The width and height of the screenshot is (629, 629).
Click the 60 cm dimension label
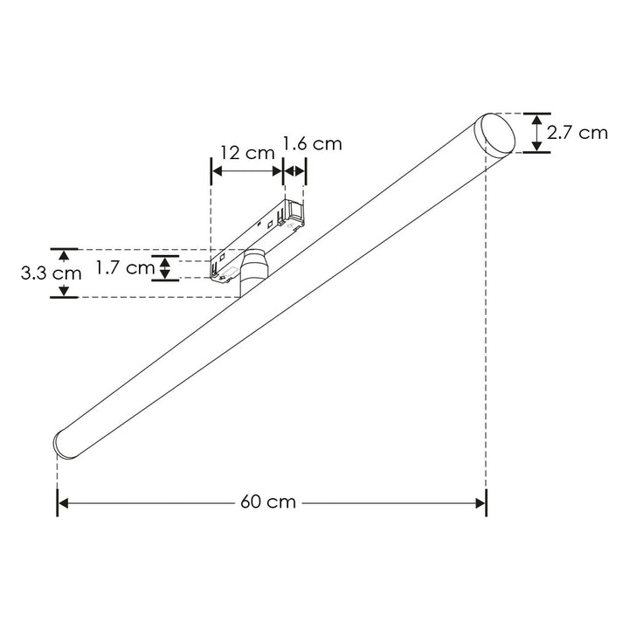click(268, 502)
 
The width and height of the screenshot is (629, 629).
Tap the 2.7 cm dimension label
click(577, 133)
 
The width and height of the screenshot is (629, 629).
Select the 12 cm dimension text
click(247, 152)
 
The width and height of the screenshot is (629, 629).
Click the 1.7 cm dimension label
click(124, 268)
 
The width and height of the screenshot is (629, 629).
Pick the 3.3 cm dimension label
click(52, 273)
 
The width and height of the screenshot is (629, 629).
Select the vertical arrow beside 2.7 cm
click(536, 133)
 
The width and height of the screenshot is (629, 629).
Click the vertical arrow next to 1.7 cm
click(165, 268)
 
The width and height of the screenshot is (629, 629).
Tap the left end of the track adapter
click(219, 266)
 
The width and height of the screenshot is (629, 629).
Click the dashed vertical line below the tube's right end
click(486, 349)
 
